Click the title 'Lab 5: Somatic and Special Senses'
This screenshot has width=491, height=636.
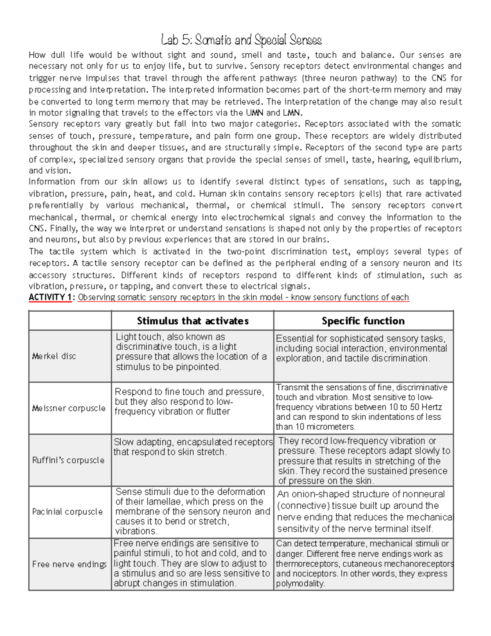(241, 40)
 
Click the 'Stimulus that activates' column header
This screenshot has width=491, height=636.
(193, 321)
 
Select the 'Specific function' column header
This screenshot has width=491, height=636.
(363, 321)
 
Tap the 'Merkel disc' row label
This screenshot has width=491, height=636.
(54, 356)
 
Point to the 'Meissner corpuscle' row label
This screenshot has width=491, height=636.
(69, 408)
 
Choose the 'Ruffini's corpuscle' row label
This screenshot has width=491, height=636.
(68, 460)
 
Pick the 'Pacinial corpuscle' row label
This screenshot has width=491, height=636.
(68, 512)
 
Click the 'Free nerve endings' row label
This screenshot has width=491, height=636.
(70, 564)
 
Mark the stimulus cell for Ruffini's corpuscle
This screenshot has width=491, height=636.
(192, 447)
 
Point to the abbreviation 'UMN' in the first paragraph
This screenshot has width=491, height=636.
(255, 113)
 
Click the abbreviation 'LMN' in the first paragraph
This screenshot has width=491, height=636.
(292, 113)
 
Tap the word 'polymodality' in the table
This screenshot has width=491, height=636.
(300, 584)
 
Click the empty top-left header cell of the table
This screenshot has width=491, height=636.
(70, 321)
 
